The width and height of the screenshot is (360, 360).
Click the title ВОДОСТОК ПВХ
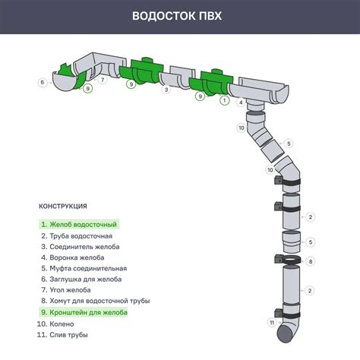coord(179,17)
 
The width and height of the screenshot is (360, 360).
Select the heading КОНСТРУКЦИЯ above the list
coord(63,206)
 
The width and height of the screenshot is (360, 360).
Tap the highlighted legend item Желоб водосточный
coord(79,224)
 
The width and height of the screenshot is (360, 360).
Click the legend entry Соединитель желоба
coord(81,246)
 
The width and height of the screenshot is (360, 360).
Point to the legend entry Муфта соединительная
coord(84,268)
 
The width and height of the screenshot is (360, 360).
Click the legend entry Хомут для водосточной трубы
coord(95,302)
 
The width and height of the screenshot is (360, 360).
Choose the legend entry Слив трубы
coord(65,334)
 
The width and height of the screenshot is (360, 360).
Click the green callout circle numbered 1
coord(223,99)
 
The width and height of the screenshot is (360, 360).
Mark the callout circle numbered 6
coord(43,82)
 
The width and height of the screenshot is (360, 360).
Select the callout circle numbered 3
coord(166,90)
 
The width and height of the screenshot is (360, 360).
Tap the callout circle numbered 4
coord(242,102)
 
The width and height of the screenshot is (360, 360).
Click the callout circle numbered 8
coord(311,261)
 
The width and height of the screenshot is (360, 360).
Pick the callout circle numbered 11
coord(271,323)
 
